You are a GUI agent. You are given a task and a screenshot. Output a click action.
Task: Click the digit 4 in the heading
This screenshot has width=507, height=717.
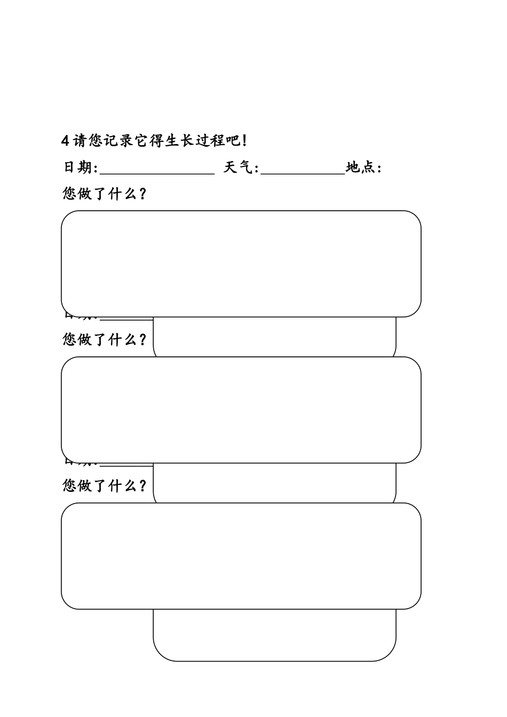pyautogui.click(x=66, y=141)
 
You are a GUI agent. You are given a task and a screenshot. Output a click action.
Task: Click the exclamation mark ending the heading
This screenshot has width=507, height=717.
pyautogui.click(x=244, y=141)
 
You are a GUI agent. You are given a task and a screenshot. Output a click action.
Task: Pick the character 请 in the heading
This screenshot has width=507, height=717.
pyautogui.click(x=80, y=141)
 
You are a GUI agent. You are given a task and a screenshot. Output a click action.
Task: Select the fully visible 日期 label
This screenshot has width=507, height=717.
pyautogui.click(x=78, y=168)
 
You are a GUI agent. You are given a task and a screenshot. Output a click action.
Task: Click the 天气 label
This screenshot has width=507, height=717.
pyautogui.click(x=239, y=168)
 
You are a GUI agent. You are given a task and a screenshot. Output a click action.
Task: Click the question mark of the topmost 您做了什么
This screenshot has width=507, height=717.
pyautogui.click(x=142, y=193)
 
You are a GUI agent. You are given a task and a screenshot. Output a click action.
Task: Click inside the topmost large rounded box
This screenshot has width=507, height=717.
pyautogui.click(x=241, y=264)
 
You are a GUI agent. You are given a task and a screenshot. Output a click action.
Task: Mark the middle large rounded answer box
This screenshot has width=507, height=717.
pyautogui.click(x=241, y=410)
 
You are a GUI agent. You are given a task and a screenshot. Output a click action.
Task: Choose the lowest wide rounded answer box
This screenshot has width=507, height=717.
pyautogui.click(x=241, y=556)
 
